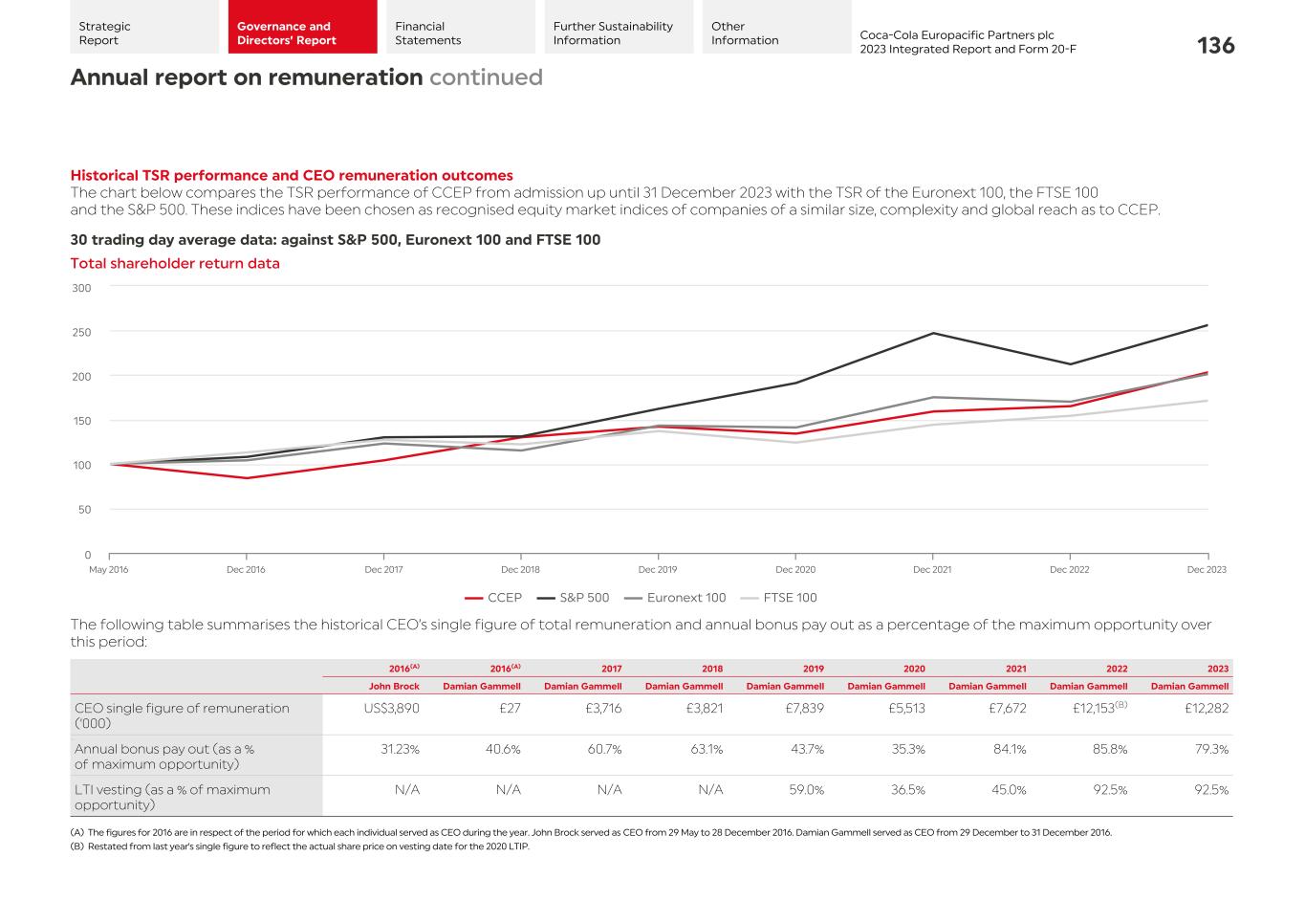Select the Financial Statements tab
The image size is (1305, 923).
(x=427, y=33)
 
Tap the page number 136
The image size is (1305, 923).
(x=1215, y=45)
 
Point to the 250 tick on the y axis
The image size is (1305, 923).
(x=81, y=332)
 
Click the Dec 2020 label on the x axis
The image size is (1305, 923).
(x=795, y=570)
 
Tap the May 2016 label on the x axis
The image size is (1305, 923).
(x=109, y=570)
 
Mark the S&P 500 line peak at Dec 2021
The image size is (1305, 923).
(x=932, y=333)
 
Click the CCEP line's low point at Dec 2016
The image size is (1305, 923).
(x=247, y=478)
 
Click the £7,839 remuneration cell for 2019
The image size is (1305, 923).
(x=800, y=709)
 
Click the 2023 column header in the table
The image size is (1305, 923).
(x=1217, y=669)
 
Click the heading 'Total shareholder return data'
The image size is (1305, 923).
(x=175, y=264)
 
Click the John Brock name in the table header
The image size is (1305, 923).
(x=394, y=686)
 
